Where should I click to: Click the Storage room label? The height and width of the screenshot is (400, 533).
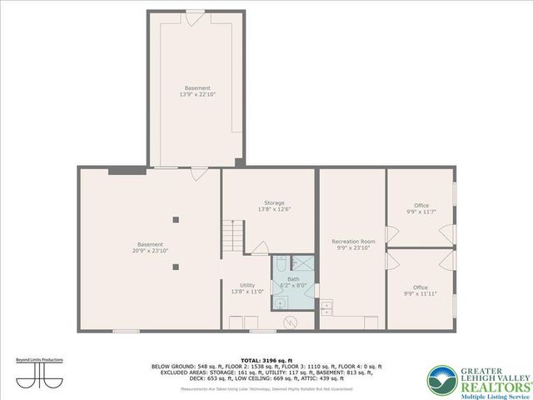point(274,202)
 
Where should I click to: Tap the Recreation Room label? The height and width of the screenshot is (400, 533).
point(353,241)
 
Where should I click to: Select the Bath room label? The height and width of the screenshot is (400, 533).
point(293,279)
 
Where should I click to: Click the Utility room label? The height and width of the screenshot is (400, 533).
point(247,285)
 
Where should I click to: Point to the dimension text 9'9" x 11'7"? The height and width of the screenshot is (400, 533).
point(421,212)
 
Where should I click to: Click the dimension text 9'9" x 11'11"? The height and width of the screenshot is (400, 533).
point(421,294)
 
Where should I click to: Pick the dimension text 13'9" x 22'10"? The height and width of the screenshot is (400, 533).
point(197,94)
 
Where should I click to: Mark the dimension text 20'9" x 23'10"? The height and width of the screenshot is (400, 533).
point(150,250)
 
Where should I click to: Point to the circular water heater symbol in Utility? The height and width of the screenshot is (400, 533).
point(291,322)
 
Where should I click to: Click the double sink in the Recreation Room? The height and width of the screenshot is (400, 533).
point(326,307)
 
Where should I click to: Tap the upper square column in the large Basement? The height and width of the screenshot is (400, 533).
point(176,220)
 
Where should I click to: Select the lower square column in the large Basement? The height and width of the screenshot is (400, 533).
point(176,267)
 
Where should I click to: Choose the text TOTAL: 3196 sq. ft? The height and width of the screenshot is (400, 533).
point(266,360)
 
